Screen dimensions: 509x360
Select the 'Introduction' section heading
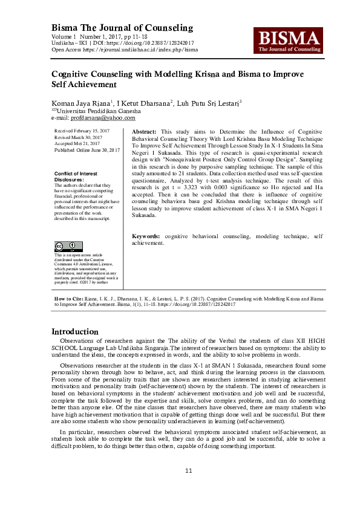click(x=74, y=331)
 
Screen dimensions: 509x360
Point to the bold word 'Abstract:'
click(x=144, y=131)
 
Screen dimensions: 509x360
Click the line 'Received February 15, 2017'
click(x=82, y=131)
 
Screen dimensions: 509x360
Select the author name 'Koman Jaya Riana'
click(x=80, y=103)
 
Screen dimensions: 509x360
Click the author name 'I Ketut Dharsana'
click(x=144, y=103)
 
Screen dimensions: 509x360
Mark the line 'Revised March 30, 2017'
click(x=79, y=137)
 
